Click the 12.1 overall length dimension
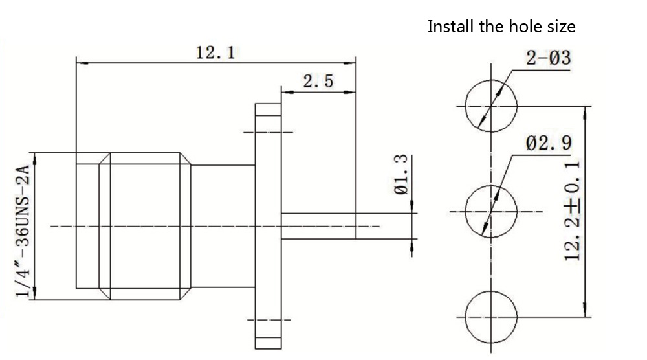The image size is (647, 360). click(215, 52)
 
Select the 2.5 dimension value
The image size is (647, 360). click(318, 82)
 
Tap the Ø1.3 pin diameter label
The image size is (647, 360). click(401, 174)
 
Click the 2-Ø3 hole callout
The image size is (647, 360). click(549, 59)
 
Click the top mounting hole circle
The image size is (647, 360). click(492, 106)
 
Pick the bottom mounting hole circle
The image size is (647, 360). click(492, 315)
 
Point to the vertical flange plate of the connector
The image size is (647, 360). click(267, 226)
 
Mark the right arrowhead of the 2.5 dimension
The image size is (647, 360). click(352, 91)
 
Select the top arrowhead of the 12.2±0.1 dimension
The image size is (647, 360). click(586, 111)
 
